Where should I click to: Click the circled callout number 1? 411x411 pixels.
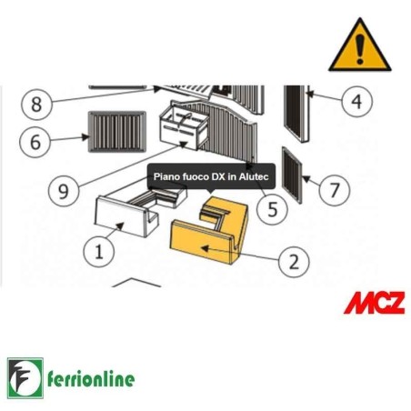pyautogui.click(x=99, y=252)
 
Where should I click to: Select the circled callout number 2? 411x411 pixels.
pyautogui.click(x=294, y=262)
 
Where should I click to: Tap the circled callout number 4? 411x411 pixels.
pyautogui.click(x=356, y=101)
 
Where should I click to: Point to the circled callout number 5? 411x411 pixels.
pyautogui.click(x=272, y=209)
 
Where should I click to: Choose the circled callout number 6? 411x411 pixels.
pyautogui.click(x=35, y=142)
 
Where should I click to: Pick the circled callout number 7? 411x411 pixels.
pyautogui.click(x=335, y=190)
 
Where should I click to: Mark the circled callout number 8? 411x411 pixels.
pyautogui.click(x=36, y=105)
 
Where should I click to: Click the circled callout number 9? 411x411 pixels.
pyautogui.click(x=64, y=191)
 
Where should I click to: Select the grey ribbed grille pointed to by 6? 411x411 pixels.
pyautogui.click(x=117, y=132)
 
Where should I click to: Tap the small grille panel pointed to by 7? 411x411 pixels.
pyautogui.click(x=292, y=175)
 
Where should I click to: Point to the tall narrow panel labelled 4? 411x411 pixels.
pyautogui.click(x=297, y=114)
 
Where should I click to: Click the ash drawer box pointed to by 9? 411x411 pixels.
pyautogui.click(x=184, y=125)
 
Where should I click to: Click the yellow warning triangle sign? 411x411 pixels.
pyautogui.click(x=360, y=45)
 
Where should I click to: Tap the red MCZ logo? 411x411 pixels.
pyautogui.click(x=375, y=303)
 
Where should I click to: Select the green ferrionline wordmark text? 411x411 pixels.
pyautogui.click(x=91, y=379)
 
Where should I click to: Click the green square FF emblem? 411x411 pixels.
pyautogui.click(x=25, y=378)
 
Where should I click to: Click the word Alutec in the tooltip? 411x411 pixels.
pyautogui.click(x=254, y=176)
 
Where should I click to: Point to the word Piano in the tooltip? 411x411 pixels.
pyautogui.click(x=164, y=176)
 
